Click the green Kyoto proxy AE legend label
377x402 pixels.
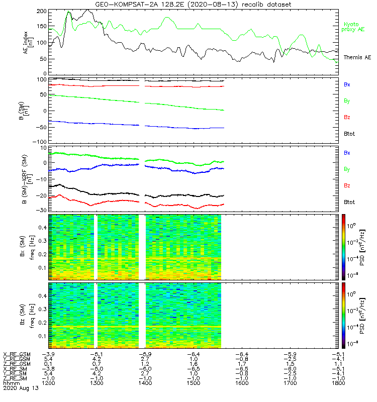[x=353, y=27]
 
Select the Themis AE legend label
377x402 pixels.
[x=356, y=58]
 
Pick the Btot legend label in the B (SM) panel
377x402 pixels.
[x=349, y=134]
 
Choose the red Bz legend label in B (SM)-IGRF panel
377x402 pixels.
[x=347, y=186]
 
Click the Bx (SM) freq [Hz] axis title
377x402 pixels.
[x=28, y=246]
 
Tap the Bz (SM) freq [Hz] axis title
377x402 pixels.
[x=28, y=315]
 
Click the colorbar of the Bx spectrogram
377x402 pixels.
[x=344, y=246]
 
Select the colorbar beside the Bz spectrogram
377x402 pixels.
[x=344, y=315]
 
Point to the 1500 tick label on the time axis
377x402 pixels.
[x=242, y=383]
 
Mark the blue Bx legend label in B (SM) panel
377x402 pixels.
[x=347, y=85]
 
